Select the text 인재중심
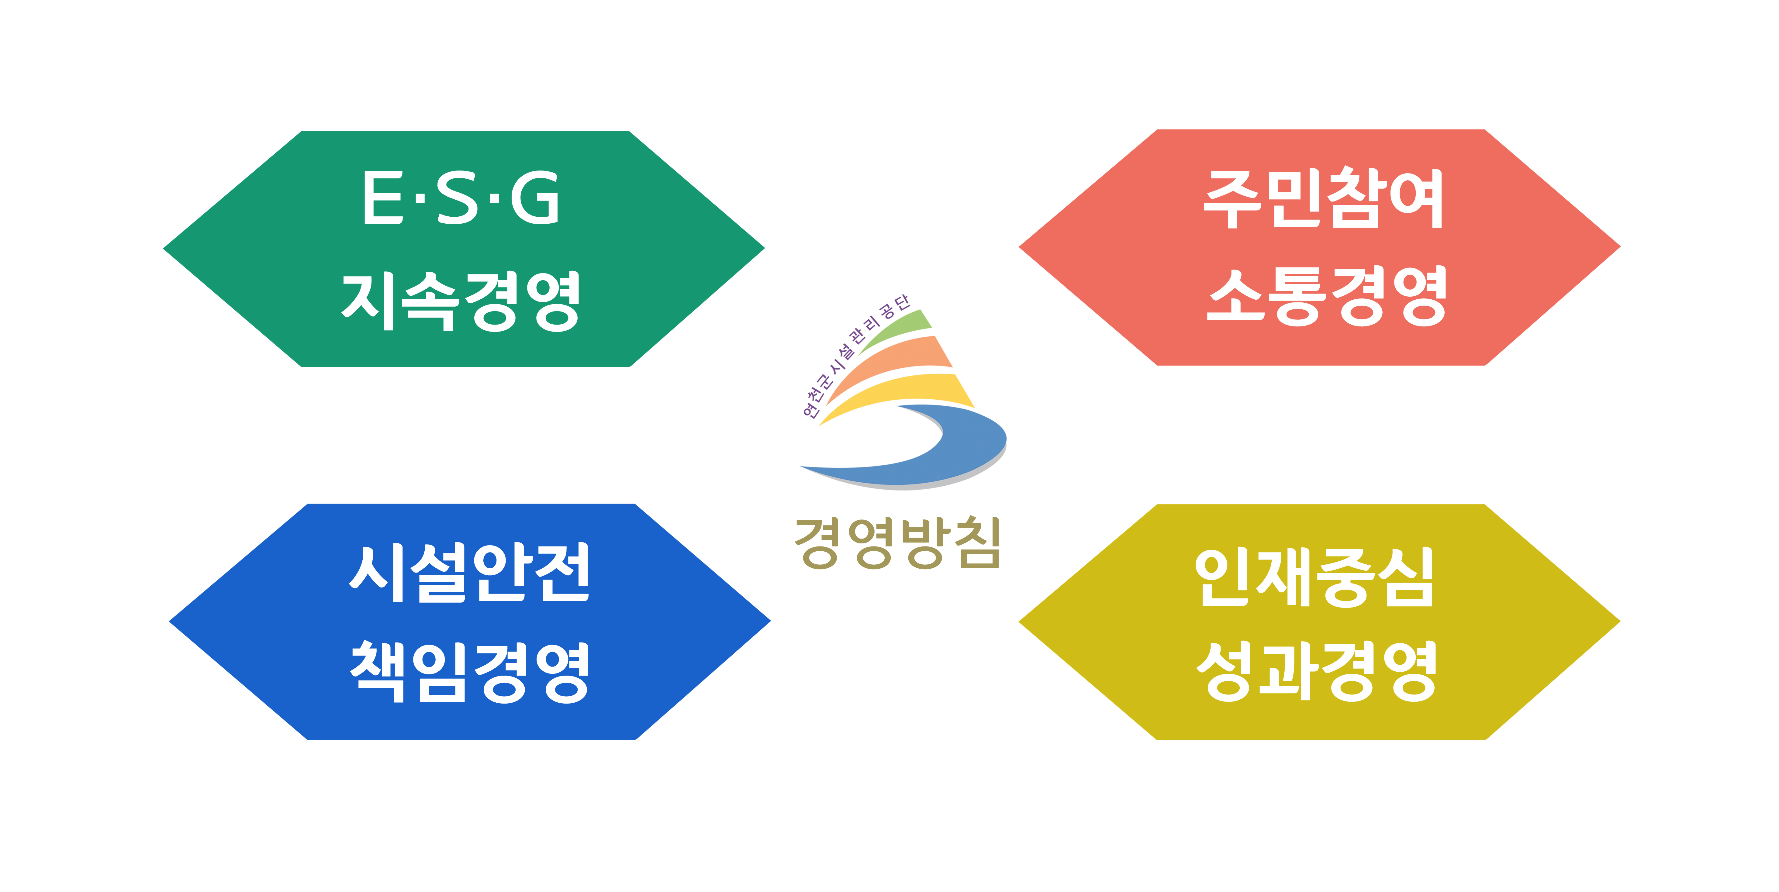[1314, 578]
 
